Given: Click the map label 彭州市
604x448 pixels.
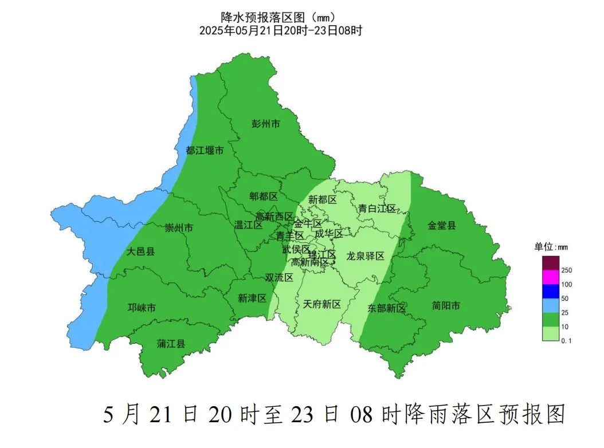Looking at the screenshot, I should coord(266,123).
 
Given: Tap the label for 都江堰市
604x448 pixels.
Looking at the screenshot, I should coord(205,151).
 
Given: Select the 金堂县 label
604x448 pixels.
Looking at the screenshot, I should coord(442,225).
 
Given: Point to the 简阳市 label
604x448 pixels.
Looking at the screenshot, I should coord(446,306).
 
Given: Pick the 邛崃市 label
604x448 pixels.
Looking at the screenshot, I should coord(142,308).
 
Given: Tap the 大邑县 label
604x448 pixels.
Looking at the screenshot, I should coord(140,251).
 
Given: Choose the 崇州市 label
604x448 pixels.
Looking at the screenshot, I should coord(179,228).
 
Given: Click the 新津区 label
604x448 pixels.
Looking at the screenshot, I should coord(253,298).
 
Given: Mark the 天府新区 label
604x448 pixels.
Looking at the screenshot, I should coord(322,304).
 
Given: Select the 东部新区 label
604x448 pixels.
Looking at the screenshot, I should coord(386,308).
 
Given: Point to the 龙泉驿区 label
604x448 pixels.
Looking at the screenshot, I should coord(366,256).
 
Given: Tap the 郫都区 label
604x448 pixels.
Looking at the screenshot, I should coord(264,197).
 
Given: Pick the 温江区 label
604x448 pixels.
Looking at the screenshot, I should coord(249,225).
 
